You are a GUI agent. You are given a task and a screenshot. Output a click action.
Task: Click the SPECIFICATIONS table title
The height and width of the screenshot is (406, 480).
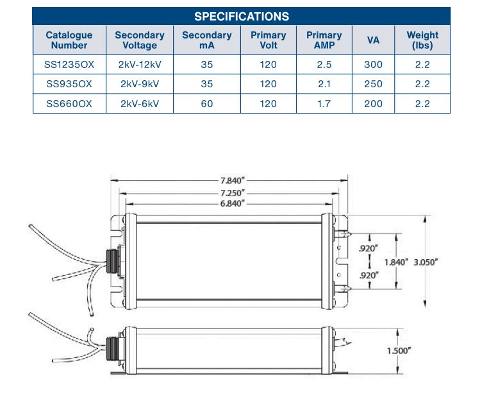[x=241, y=16]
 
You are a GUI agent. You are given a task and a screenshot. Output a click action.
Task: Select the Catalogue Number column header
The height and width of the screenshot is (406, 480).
[x=69, y=40]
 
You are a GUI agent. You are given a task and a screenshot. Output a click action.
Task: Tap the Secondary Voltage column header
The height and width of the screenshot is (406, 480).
[x=140, y=40]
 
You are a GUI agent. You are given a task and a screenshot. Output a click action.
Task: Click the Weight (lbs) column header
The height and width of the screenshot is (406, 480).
[x=422, y=40]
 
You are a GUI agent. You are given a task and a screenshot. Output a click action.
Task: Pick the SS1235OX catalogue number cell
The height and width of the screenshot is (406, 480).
[x=69, y=65]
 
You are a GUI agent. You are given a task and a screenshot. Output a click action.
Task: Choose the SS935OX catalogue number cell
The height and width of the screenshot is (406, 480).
[x=69, y=84]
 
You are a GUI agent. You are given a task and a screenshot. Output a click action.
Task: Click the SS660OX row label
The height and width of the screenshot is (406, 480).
[x=69, y=103]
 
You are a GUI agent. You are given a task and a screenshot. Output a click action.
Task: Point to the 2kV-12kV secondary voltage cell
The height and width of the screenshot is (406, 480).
[x=140, y=65]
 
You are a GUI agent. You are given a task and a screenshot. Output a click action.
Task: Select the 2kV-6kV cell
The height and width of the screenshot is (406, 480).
[x=140, y=103]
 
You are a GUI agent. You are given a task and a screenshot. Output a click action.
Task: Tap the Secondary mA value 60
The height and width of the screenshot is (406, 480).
[x=206, y=103]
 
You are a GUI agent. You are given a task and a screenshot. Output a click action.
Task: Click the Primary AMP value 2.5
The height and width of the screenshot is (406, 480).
[x=324, y=65]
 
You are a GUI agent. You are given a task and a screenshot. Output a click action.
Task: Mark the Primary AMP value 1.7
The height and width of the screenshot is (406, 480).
[x=324, y=103]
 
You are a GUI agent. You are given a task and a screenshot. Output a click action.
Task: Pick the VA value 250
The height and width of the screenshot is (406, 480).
[x=373, y=84]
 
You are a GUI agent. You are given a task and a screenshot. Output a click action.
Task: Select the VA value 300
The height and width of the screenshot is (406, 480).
[x=373, y=65]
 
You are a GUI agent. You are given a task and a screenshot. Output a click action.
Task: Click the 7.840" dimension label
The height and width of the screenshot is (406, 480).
[x=229, y=181]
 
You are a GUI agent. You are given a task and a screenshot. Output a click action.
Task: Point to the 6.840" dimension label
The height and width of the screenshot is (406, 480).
[x=229, y=203]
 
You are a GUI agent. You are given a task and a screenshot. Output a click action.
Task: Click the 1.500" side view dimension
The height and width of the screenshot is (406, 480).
[x=399, y=351]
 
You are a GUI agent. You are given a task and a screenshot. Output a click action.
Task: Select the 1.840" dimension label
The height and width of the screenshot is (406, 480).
[x=396, y=262]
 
